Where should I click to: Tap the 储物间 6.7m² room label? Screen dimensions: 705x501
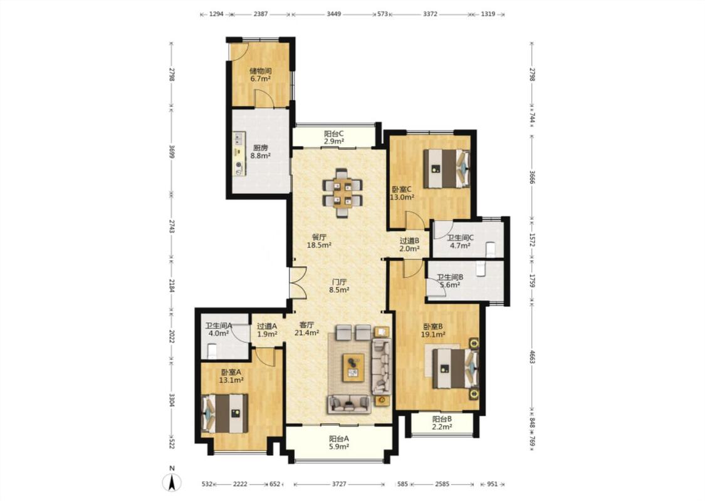pyautogui.click(x=260, y=75)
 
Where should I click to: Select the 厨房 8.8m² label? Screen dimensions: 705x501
pyautogui.click(x=260, y=152)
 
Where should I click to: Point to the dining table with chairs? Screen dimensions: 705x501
pyautogui.click(x=343, y=192)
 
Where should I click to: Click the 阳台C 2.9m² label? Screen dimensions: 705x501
pyautogui.click(x=334, y=138)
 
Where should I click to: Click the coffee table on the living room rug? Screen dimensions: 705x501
pyautogui.click(x=353, y=367)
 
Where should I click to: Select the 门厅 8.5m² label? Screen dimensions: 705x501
pyautogui.click(x=339, y=286)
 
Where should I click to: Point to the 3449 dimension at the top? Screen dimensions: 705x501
pyautogui.click(x=333, y=14)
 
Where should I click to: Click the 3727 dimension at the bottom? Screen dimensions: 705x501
pyautogui.click(x=340, y=484)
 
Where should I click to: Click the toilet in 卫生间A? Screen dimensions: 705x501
pyautogui.click(x=212, y=351)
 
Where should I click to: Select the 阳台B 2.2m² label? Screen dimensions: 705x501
pyautogui.click(x=442, y=423)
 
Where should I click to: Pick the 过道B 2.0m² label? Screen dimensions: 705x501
pyautogui.click(x=410, y=244)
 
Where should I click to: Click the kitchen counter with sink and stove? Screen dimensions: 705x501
pyautogui.click(x=239, y=154)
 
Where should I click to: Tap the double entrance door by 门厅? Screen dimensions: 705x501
pyautogui.click(x=298, y=283)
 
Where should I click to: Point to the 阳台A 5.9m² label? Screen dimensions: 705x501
pyautogui.click(x=339, y=443)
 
